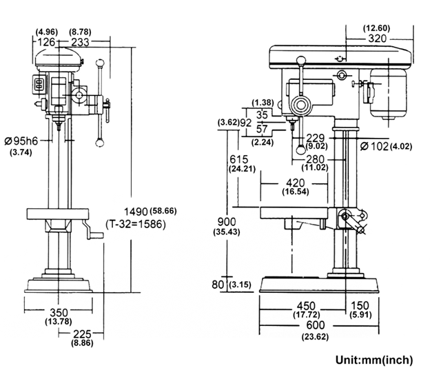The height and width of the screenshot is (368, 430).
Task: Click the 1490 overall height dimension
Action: (x=136, y=212)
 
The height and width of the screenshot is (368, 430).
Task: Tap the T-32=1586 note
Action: (x=136, y=224)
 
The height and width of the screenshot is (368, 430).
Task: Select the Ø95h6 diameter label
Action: (x=21, y=141)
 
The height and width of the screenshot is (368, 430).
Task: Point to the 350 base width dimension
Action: (x=59, y=312)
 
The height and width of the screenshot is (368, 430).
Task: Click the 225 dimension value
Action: (x=82, y=334)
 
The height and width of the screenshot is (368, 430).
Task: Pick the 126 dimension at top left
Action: (x=45, y=42)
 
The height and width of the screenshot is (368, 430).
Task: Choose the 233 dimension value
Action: (x=80, y=42)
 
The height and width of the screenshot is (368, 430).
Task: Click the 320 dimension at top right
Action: (x=378, y=39)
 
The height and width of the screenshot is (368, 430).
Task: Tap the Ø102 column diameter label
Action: (x=375, y=146)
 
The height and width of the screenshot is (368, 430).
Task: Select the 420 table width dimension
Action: (x=296, y=183)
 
